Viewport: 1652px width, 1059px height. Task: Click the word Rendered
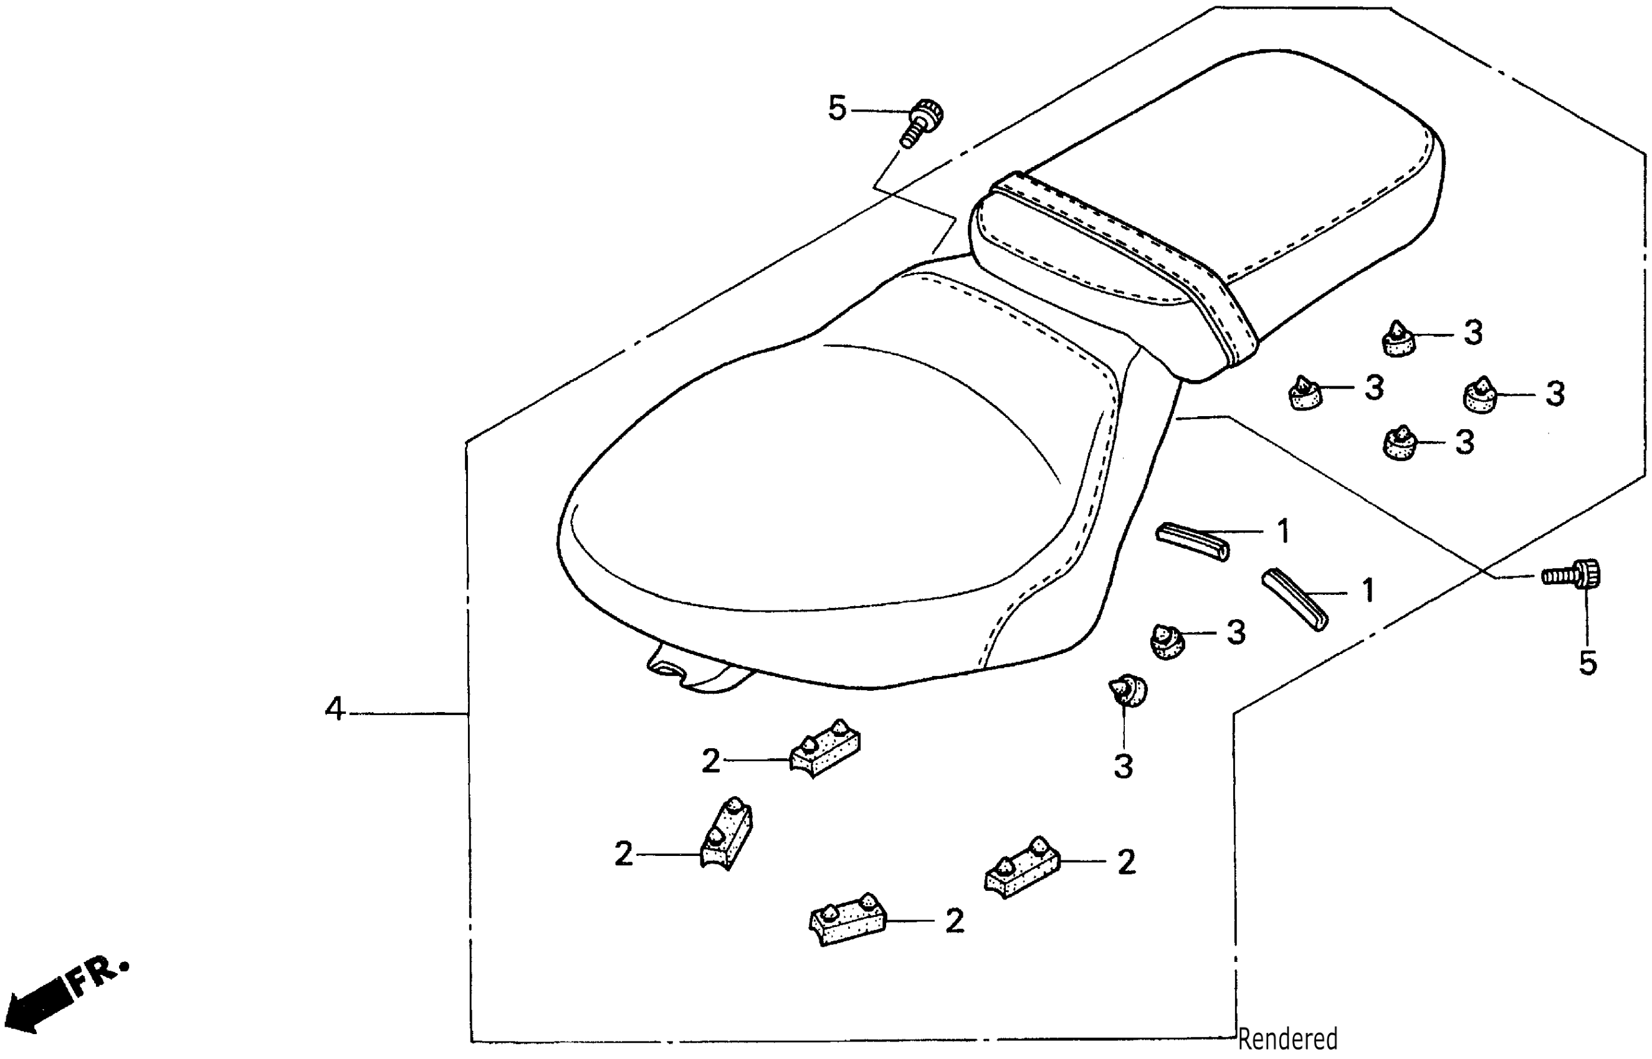[1287, 1038]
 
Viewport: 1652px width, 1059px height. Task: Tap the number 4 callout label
[334, 709]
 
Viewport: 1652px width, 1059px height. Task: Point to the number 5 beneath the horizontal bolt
[1587, 663]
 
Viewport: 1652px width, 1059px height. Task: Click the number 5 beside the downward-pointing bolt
[837, 108]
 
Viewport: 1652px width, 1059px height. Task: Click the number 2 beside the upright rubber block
[623, 855]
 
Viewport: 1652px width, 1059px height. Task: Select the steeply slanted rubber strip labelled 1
[1295, 598]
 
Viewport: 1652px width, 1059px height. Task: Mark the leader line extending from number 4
[409, 714]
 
